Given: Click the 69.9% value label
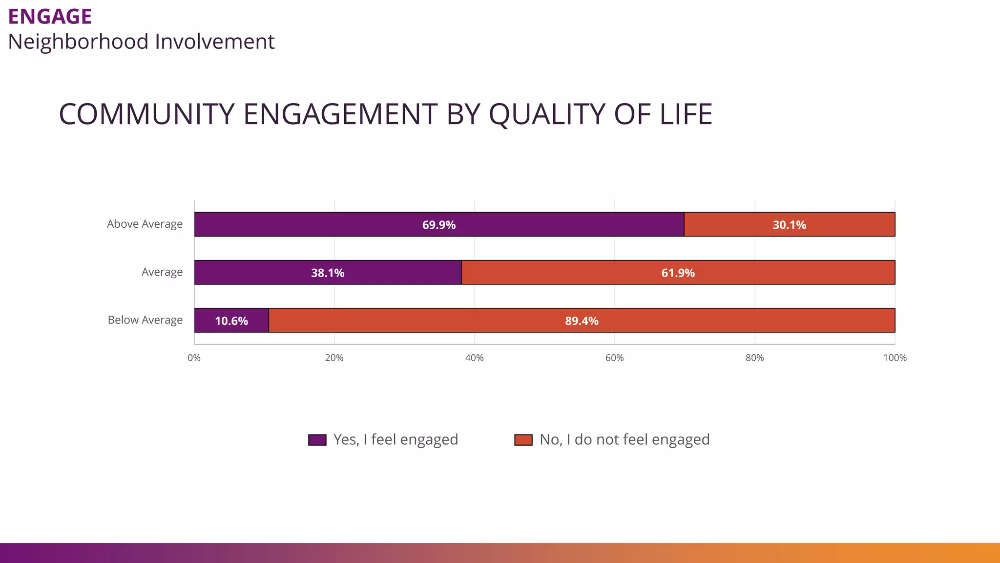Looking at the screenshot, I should tap(438, 225).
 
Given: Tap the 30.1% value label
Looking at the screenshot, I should tap(789, 225).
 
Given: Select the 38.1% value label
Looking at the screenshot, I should tap(328, 273).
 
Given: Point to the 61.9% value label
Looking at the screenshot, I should tap(678, 273).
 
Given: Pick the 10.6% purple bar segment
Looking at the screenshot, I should tap(231, 321).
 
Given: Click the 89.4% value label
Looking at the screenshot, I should tap(582, 321).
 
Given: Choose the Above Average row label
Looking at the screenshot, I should tap(145, 224).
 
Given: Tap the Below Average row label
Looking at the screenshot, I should tap(145, 320).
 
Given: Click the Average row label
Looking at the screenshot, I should tap(162, 272).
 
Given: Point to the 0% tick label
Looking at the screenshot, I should tap(194, 358).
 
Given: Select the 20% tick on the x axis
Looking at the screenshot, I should tap(334, 358).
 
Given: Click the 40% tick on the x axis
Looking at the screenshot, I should tap(474, 358).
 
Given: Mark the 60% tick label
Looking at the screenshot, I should tap(614, 358).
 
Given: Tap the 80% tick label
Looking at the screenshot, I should tap(754, 358).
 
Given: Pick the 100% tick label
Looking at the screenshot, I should tap(895, 358).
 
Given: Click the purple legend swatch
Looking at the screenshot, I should tap(317, 440).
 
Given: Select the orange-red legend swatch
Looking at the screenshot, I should tap(523, 440).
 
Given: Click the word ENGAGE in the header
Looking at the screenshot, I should tap(50, 17).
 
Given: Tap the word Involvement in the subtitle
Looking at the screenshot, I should tap(215, 42).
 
